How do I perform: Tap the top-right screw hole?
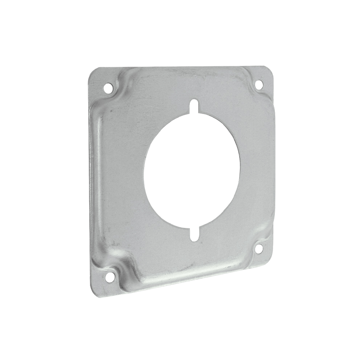coord(258,84)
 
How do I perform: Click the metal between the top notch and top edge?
coord(195,85)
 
